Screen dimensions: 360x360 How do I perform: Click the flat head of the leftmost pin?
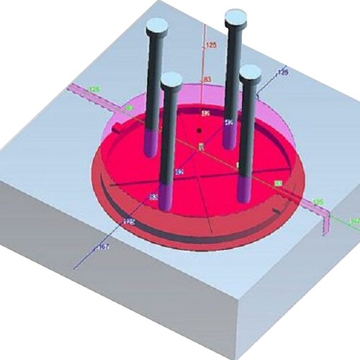156,28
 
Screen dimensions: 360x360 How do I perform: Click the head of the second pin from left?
171,80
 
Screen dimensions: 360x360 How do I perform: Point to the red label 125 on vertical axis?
211,45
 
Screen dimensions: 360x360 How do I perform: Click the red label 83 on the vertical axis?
207,78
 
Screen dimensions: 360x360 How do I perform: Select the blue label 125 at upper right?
282,73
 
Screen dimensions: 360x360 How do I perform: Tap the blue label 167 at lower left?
104,247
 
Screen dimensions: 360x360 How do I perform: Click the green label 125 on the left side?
94,89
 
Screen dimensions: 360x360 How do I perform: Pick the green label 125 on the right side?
316,202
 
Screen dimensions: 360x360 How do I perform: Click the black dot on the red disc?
198,131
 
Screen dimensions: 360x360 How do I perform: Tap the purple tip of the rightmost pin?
245,190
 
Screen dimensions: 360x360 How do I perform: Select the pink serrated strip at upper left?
86,96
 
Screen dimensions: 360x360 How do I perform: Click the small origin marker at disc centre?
201,147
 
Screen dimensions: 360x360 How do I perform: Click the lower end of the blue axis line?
76,268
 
